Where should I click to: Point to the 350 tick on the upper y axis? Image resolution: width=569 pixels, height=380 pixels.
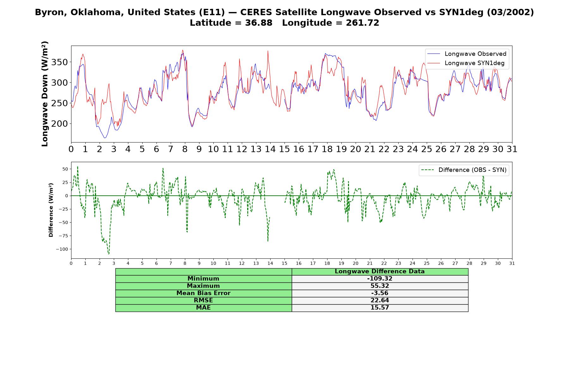click(x=59, y=62)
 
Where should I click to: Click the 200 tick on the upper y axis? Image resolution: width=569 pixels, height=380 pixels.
click(x=59, y=124)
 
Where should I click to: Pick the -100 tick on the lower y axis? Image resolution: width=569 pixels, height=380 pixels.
click(x=62, y=249)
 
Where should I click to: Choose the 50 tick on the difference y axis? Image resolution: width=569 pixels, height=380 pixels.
click(x=65, y=169)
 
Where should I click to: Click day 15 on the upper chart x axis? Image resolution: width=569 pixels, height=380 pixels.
click(x=284, y=149)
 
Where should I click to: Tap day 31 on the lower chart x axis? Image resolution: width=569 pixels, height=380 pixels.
click(x=512, y=263)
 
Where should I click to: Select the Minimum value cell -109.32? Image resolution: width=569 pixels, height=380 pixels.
click(x=380, y=279)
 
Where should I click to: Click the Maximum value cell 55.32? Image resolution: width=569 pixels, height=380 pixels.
click(x=380, y=286)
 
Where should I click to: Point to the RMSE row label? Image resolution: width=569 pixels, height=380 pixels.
click(x=203, y=301)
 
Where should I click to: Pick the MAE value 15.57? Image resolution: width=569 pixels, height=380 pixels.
click(x=380, y=308)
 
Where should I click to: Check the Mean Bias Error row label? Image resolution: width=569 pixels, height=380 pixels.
click(x=203, y=293)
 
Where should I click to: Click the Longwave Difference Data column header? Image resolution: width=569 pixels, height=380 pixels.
click(x=380, y=271)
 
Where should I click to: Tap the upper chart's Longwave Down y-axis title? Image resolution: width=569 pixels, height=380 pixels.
click(x=45, y=94)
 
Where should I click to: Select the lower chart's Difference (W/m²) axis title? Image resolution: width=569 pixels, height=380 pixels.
click(x=51, y=210)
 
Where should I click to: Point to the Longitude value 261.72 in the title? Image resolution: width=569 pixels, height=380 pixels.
click(x=362, y=23)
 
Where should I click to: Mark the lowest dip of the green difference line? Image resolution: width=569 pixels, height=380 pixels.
click(x=108, y=254)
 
